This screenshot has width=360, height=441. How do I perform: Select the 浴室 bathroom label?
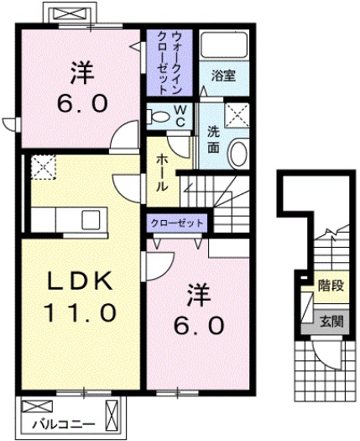(222, 75)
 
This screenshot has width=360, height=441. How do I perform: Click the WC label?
(179, 115)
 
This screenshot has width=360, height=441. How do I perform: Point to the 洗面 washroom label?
(213, 139)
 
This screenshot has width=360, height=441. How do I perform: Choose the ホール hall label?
(160, 171)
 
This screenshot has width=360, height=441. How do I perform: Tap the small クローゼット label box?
(178, 223)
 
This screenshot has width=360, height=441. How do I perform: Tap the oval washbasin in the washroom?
(239, 154)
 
